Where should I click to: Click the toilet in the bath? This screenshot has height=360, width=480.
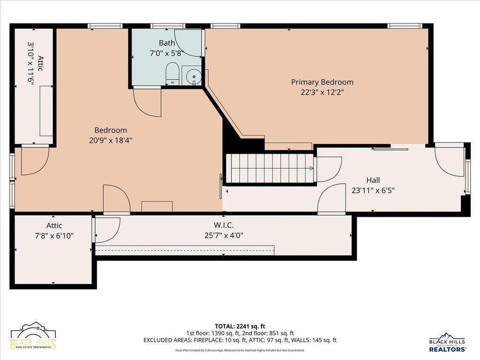coord(172,74)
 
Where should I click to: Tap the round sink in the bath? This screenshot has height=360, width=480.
coord(194,75)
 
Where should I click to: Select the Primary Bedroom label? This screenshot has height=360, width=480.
coord(322,82)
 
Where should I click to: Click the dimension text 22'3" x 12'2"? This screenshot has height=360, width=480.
coord(322,92)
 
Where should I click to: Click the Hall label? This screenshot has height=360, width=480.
coord(373,180)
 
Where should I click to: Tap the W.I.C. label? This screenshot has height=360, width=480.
coord(224,225)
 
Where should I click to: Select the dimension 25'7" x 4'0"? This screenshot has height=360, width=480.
coord(224,235)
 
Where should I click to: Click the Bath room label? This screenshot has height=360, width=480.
coord(167,43)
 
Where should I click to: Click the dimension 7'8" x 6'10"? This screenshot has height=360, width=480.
coord(54,236)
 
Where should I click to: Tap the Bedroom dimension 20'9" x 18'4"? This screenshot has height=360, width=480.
coord(111,140)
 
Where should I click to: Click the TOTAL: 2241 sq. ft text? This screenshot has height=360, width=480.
coord(240,326)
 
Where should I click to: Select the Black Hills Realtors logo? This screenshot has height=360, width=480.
coord(447,342)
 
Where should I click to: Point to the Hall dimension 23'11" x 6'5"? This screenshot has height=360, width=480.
coord(373,190)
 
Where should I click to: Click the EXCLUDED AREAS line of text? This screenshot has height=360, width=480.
coord(240,340)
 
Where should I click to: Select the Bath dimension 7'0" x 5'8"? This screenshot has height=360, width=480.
coord(167,53)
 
